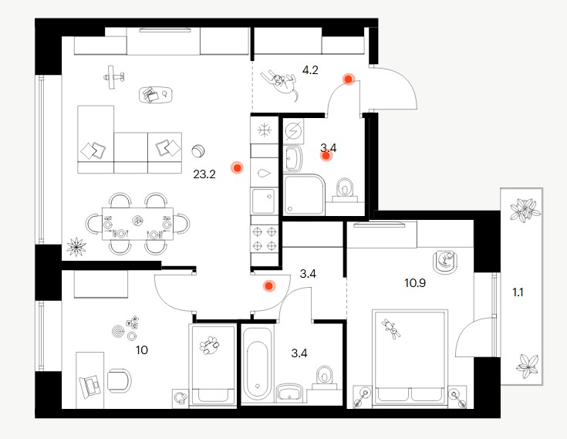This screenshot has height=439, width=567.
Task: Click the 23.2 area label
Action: [204, 174]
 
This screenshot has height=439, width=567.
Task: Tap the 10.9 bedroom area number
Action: [415, 283]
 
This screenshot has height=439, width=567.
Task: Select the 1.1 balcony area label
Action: [518, 292]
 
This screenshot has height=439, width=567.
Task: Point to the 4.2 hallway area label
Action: [310, 69]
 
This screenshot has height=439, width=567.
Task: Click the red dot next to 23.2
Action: [238, 167]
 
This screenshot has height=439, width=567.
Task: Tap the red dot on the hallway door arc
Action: [349, 79]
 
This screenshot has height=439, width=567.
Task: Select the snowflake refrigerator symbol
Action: [265, 130]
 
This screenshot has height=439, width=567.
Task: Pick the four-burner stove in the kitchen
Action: [265, 238]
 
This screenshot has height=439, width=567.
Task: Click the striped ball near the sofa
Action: [198, 150]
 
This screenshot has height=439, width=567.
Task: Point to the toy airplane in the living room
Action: [114, 76]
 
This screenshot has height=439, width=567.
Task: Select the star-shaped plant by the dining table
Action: [76, 247]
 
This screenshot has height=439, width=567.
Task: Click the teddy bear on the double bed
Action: [391, 329]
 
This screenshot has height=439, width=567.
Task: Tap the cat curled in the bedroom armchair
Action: [445, 262]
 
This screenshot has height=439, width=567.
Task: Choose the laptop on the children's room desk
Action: [90, 386]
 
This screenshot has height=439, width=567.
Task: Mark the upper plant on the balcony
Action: [525, 209]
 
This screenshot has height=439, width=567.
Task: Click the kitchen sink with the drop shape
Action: [265, 174]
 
